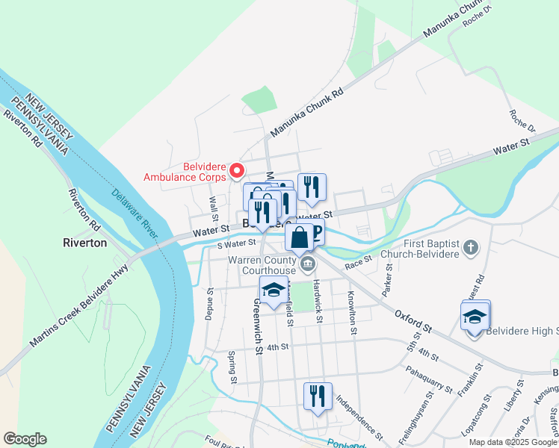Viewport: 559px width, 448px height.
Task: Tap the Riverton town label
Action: (84, 243)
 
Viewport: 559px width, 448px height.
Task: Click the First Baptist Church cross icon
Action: (471, 247)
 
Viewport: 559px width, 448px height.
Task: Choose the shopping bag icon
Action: (299, 237)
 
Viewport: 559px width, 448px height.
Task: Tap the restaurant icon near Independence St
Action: (318, 396)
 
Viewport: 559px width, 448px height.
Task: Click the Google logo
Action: (25, 439)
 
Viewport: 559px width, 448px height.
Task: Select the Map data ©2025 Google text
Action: (512, 442)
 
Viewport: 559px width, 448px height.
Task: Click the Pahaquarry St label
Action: (429, 379)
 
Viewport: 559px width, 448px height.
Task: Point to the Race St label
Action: (359, 265)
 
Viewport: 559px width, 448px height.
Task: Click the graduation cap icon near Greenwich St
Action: (274, 290)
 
